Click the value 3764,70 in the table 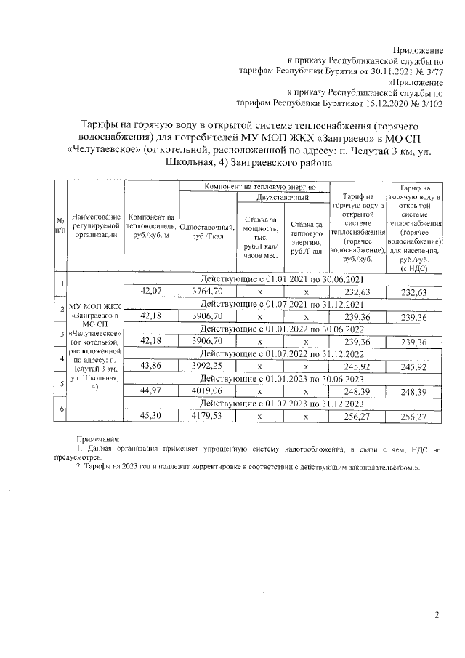(206, 292)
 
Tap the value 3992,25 (206, 366)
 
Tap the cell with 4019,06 (206, 391)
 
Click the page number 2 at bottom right (437, 615)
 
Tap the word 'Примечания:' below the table (99, 438)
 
